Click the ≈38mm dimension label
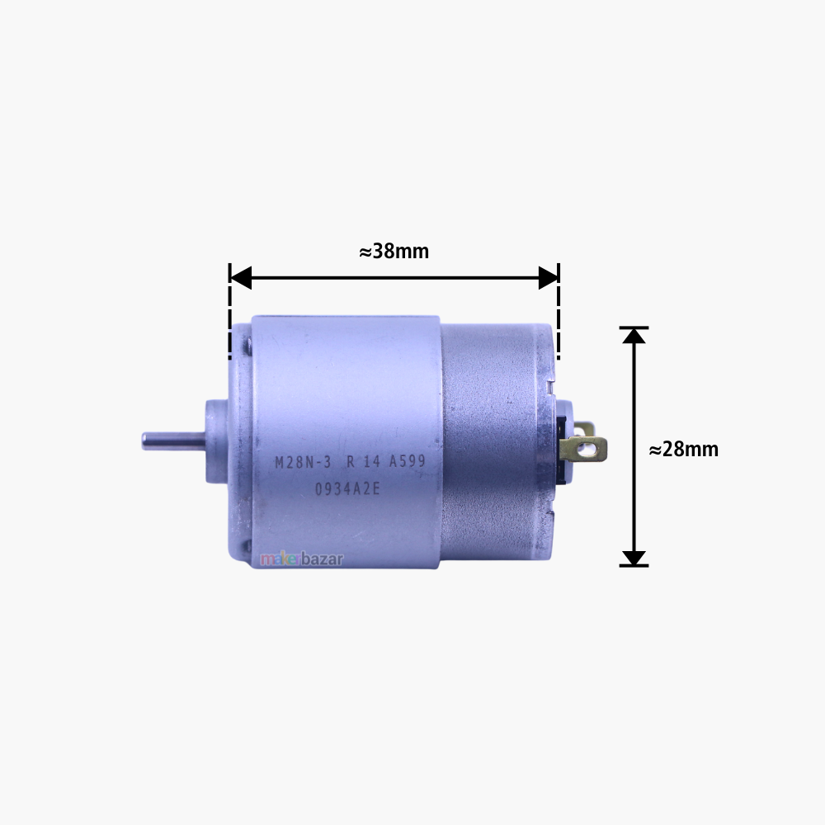pyautogui.click(x=394, y=252)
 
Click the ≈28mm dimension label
pyautogui.click(x=683, y=450)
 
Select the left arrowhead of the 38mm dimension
pyautogui.click(x=240, y=278)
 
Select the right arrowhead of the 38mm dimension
pyautogui.click(x=548, y=278)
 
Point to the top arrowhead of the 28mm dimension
pyautogui.click(x=634, y=336)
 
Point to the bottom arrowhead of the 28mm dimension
pyautogui.click(x=634, y=558)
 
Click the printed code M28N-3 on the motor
pyautogui.click(x=303, y=463)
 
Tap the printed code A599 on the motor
pyautogui.click(x=407, y=463)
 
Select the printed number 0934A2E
pyautogui.click(x=346, y=488)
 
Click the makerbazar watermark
pyautogui.click(x=302, y=559)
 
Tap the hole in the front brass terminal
pyautogui.click(x=589, y=450)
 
